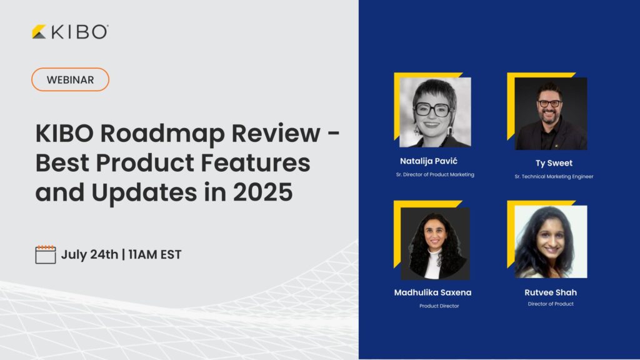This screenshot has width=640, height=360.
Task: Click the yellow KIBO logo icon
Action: coord(39,32)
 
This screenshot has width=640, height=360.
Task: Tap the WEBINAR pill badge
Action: coord(70,79)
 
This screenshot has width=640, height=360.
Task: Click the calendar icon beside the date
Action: coord(45,254)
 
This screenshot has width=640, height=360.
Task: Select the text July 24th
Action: coord(89,254)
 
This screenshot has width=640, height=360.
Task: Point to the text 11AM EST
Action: coord(155,254)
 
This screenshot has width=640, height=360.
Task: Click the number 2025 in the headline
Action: coord(263,192)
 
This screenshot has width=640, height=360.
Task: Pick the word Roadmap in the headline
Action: coord(162,134)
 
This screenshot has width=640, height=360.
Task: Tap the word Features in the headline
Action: coord(255,162)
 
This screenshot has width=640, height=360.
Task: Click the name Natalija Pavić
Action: coord(429,161)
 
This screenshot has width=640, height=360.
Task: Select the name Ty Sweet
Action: coord(554,163)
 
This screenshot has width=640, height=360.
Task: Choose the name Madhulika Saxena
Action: coord(432,292)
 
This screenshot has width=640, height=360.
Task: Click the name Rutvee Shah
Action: coord(551,292)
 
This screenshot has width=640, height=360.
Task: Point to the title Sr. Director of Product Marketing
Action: coord(435,174)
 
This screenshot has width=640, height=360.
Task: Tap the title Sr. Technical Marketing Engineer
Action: coord(554,176)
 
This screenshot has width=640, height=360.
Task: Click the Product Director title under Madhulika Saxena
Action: coord(439,306)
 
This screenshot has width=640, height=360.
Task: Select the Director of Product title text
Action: coord(551,304)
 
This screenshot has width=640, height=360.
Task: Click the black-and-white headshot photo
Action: coord(435,112)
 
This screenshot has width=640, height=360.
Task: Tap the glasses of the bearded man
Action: coord(550,103)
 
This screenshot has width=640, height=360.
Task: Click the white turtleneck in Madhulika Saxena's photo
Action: coord(433,265)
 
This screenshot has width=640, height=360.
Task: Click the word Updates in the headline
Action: coord(144,192)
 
